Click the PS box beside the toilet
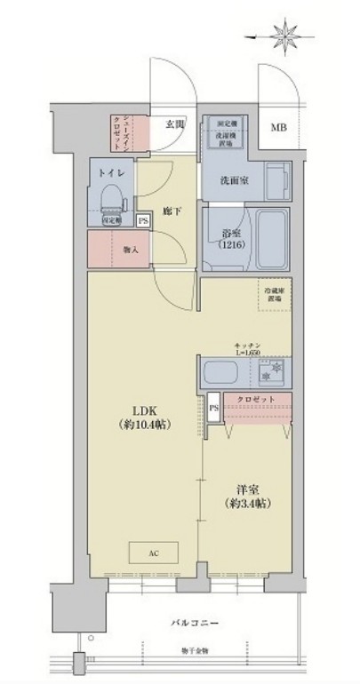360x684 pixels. (142, 221)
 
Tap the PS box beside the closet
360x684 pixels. (212, 408)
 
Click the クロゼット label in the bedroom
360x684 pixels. (261, 401)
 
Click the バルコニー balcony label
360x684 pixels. (190, 622)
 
